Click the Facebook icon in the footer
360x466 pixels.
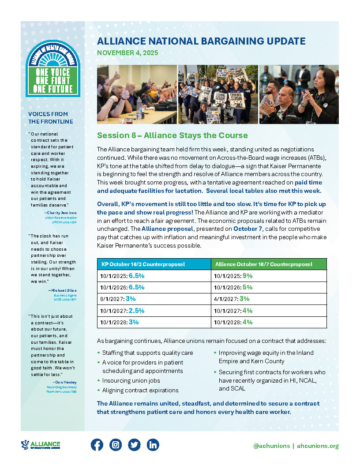click(x=97, y=445)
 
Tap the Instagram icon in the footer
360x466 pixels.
click(x=116, y=445)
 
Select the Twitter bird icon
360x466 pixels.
click(x=134, y=445)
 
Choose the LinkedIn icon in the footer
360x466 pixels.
click(x=153, y=445)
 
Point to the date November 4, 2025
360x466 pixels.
click(x=127, y=53)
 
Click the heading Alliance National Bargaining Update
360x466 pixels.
click(x=201, y=41)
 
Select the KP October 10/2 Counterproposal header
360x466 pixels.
click(x=143, y=264)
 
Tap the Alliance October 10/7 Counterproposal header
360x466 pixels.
click(x=263, y=264)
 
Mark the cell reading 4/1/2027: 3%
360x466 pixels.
click(x=232, y=299)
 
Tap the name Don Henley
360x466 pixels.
click(x=65, y=382)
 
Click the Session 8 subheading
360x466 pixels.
click(x=172, y=135)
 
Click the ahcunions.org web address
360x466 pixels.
click(x=318, y=446)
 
